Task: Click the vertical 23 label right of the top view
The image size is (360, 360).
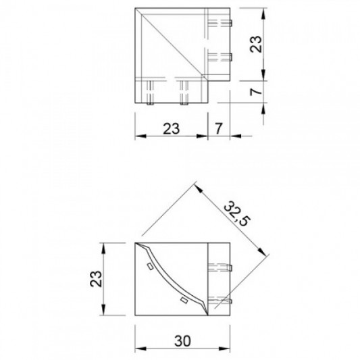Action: (x=256, y=45)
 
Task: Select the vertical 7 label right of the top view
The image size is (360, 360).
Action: (x=256, y=92)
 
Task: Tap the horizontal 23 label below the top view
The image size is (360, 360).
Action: (x=171, y=128)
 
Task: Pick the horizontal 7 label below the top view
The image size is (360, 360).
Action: (x=219, y=128)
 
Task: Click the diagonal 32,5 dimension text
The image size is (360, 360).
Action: (x=237, y=213)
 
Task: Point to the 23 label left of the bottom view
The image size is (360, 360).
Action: (x=96, y=279)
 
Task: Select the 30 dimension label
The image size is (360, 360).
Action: (x=182, y=341)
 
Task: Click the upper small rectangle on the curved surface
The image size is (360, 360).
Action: (x=150, y=266)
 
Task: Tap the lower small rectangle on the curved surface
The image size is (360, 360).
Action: (x=184, y=301)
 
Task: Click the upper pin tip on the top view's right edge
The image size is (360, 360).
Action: (x=231, y=23)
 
